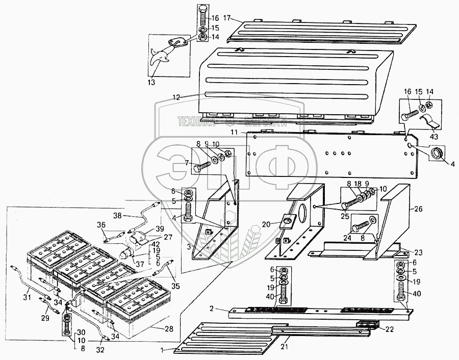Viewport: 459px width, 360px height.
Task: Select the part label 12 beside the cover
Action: [176, 97]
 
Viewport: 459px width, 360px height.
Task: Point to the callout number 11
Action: [234, 132]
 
